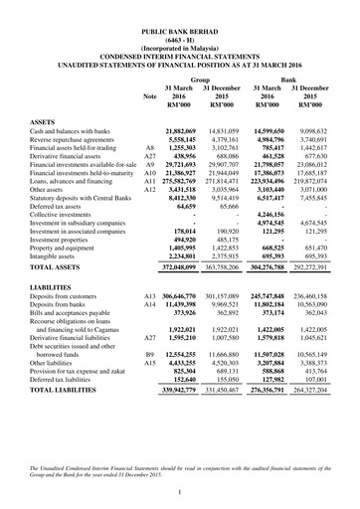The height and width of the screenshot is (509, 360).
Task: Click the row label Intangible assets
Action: pyautogui.click(x=62, y=254)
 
